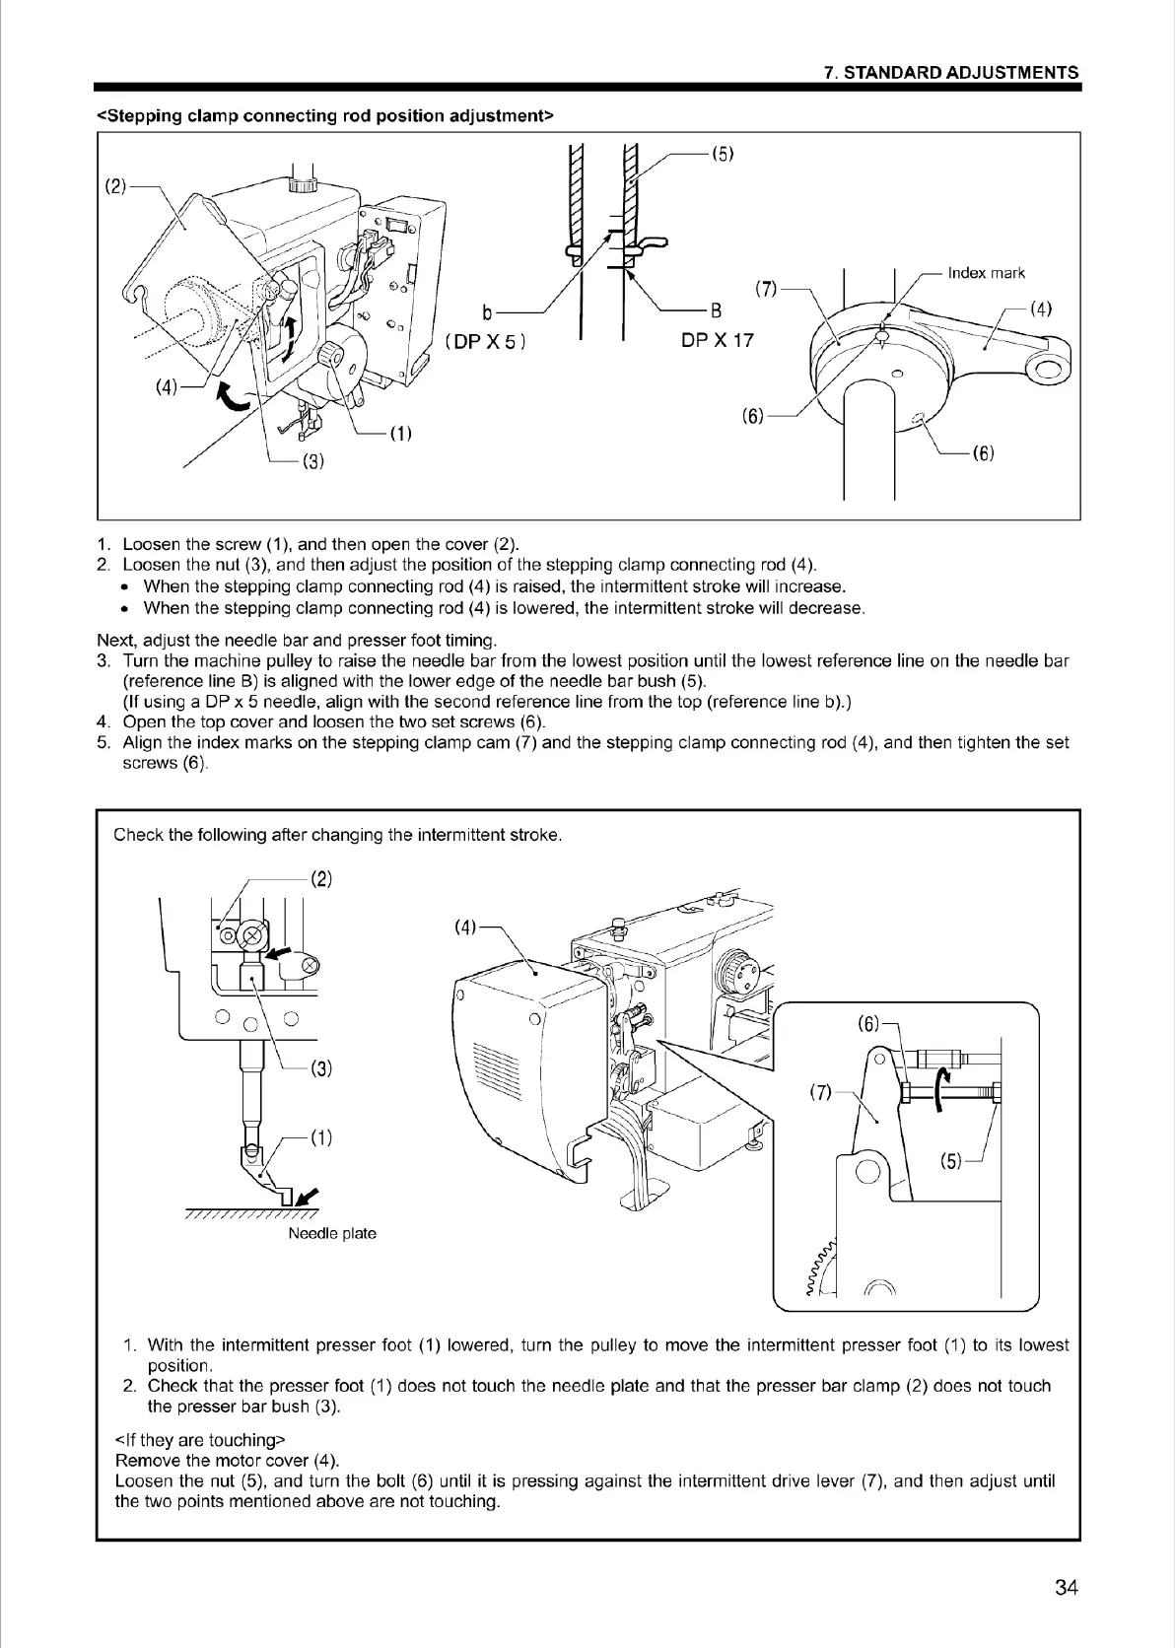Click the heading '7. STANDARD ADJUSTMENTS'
point(950,73)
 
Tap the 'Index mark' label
point(986,273)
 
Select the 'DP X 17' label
point(717,340)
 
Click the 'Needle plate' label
point(331,1233)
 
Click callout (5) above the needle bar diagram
point(724,154)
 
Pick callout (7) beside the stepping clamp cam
point(766,290)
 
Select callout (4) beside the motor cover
point(465,927)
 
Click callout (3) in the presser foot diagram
point(320,1067)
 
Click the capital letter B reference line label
point(717,311)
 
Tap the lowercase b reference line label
point(487,313)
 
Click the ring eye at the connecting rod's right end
point(1047,370)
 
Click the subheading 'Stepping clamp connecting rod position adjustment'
point(324,116)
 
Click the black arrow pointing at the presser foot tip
point(309,1197)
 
